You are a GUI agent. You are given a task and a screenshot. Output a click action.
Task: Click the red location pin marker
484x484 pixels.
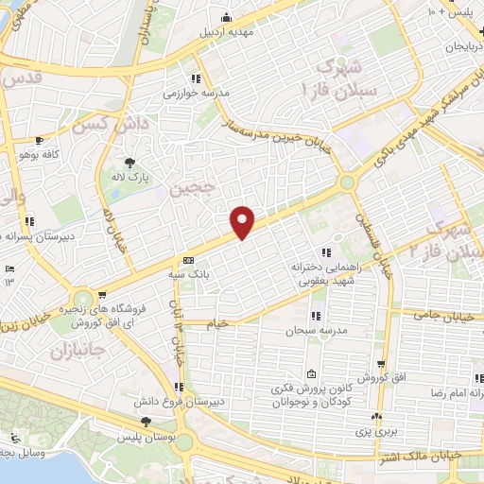click(x=244, y=220)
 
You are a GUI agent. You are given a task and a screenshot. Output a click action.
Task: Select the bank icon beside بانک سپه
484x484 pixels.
click(x=188, y=260)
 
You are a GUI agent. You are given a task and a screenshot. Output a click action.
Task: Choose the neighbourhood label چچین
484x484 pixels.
click(x=194, y=189)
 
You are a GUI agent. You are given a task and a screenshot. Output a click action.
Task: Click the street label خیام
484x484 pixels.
click(x=217, y=324)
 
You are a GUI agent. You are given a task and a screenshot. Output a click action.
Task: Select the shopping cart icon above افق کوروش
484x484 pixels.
click(x=380, y=363)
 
